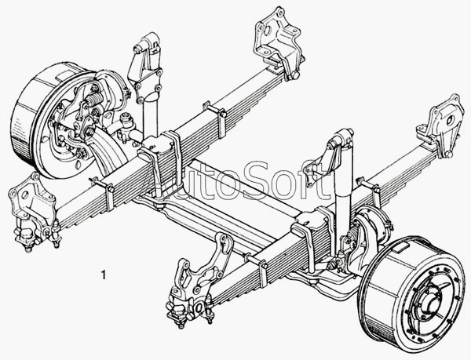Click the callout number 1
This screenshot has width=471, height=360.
(x=104, y=275)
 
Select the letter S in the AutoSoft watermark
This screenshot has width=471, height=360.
(x=264, y=180)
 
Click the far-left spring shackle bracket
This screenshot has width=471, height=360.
(x=32, y=210)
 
